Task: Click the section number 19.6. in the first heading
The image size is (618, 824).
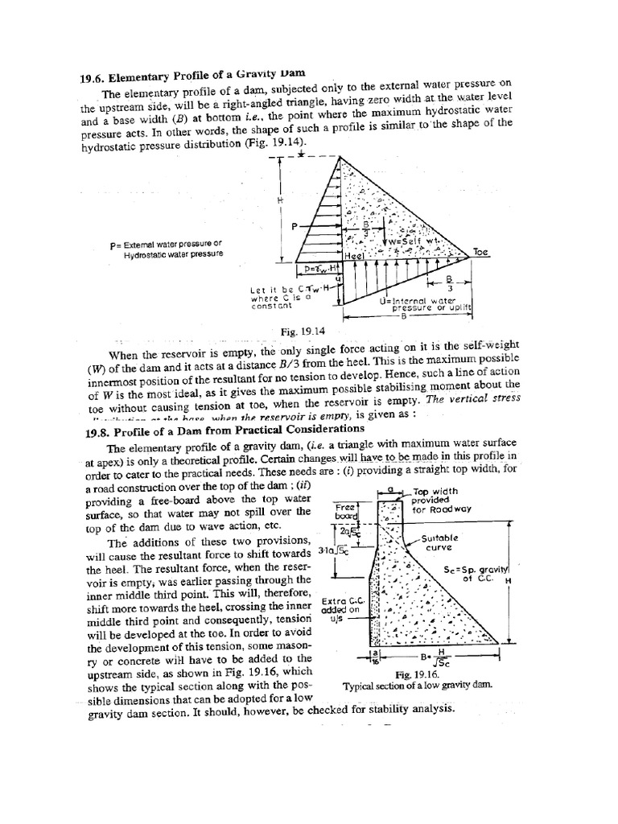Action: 96,78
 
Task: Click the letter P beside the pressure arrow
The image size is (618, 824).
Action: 295,227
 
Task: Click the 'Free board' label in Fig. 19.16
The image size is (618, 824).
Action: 345,511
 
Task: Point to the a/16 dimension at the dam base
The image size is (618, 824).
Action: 373,656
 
